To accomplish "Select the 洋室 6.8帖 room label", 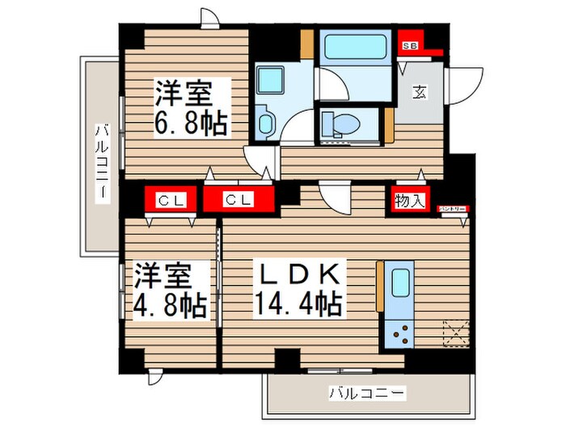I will (x=191, y=108).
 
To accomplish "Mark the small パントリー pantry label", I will (x=452, y=208).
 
